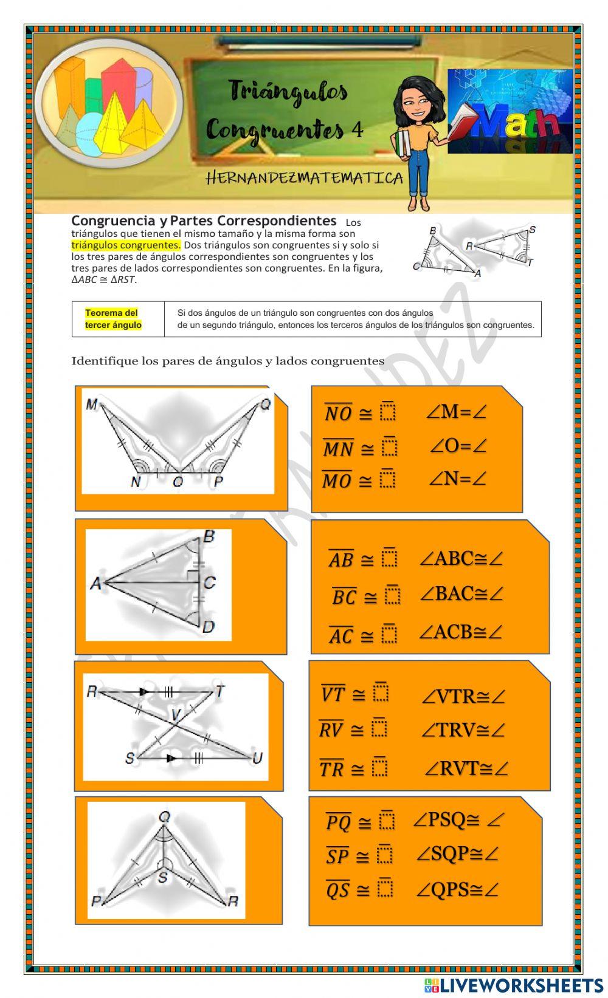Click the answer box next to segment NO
tap(388, 412)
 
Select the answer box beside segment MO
tap(388, 479)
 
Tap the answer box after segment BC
tap(393, 595)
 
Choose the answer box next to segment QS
tap(385, 889)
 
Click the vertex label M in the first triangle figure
tap(92, 405)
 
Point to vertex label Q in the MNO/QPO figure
tap(265, 405)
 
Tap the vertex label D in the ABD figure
tap(209, 626)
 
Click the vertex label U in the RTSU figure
tap(257, 758)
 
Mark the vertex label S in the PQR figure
tap(163, 877)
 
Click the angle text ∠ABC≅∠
tap(461, 558)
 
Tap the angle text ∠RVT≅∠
tap(466, 768)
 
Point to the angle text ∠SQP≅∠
tap(457, 854)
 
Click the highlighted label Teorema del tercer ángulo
tap(113, 319)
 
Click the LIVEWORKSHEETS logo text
tap(520, 985)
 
